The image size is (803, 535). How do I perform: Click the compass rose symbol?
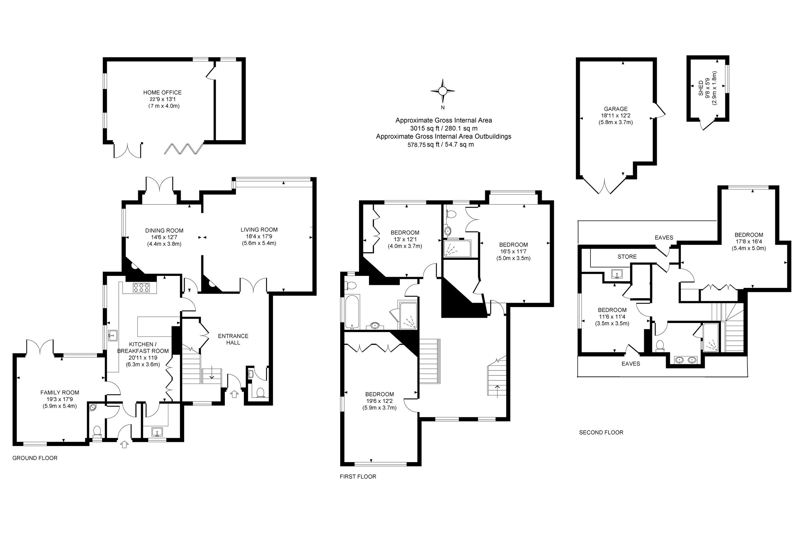click(x=442, y=91)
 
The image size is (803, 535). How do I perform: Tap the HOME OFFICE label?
click(x=162, y=93)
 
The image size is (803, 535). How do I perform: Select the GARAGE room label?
click(x=616, y=109)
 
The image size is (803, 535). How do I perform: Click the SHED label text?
click(x=701, y=88)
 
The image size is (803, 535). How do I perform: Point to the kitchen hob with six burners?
click(x=141, y=287)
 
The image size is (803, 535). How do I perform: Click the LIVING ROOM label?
click(x=259, y=230)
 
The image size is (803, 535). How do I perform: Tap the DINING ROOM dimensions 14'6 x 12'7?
click(x=164, y=237)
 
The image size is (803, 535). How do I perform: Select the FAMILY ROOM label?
click(x=60, y=393)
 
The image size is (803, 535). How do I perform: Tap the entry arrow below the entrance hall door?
click(x=234, y=395)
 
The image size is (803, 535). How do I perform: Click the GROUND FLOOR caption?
click(x=35, y=458)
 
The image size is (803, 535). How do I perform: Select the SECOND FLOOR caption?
click(x=601, y=433)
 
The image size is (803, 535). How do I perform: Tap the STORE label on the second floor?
click(x=627, y=256)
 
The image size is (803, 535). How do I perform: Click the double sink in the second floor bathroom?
click(x=685, y=360)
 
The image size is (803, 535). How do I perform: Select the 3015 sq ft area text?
click(x=444, y=128)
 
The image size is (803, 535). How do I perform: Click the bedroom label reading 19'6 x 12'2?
click(x=379, y=401)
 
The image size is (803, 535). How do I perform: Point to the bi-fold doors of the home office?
click(x=184, y=149)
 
